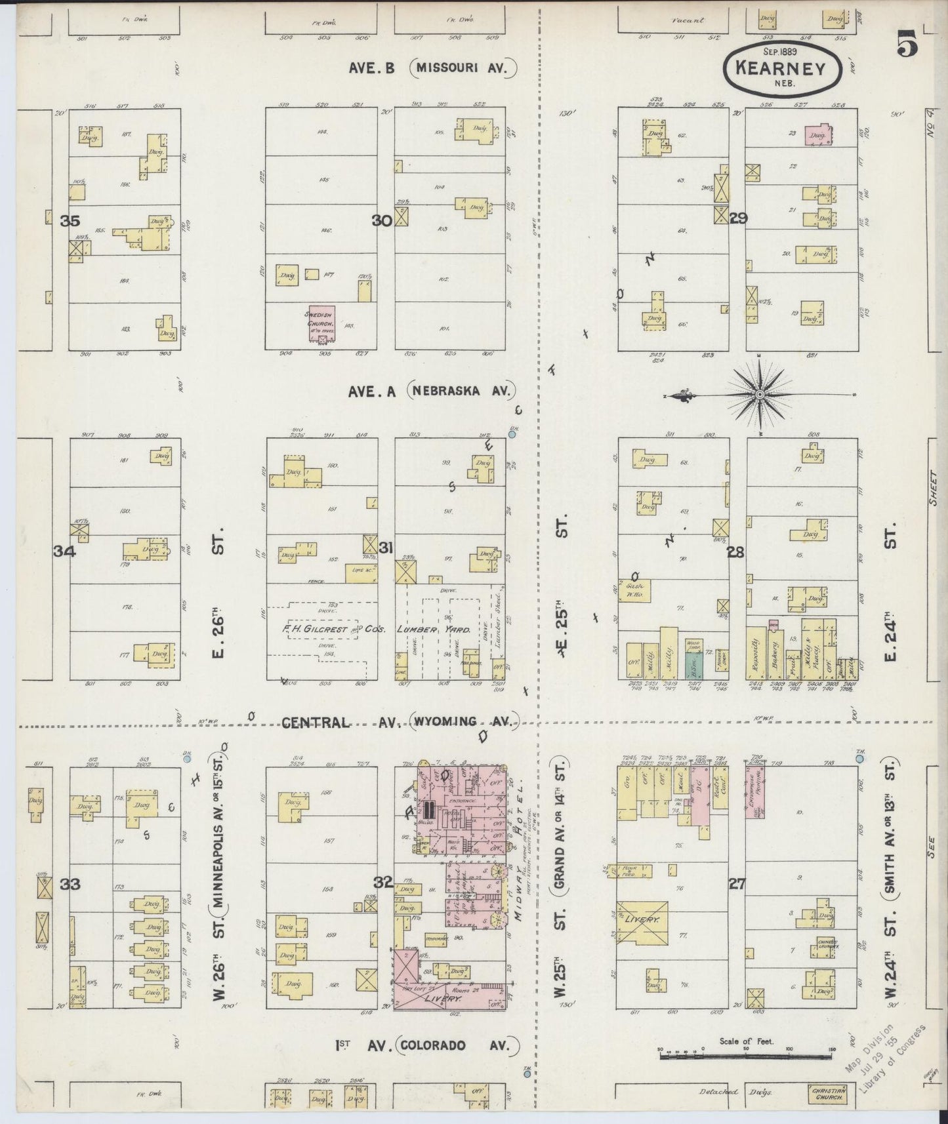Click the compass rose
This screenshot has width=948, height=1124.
coord(759,394)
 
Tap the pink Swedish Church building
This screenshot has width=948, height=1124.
coord(321,323)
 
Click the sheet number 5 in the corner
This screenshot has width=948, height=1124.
coord(908,48)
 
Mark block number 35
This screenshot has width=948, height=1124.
coord(70,221)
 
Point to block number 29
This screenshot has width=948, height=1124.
coord(738,218)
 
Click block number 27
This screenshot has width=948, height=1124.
coord(737,884)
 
